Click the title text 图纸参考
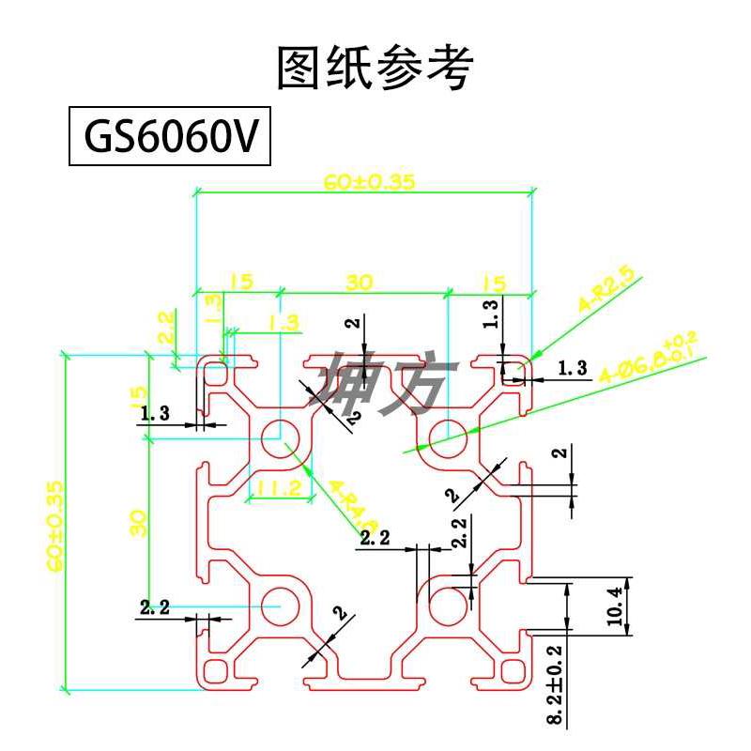coord(375,68)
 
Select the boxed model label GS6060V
coord(170,139)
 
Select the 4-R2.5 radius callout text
coord(607,290)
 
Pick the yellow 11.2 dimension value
coord(278,488)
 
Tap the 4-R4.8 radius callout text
coord(353,507)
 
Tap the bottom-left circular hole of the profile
coord(280,606)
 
